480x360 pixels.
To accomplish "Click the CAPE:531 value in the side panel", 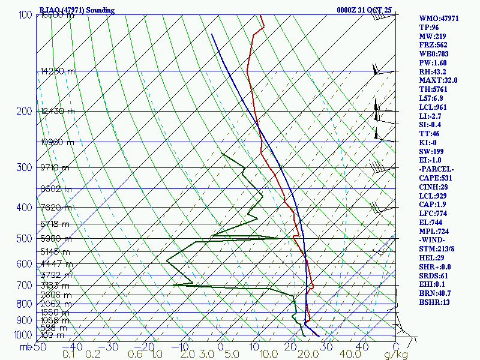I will [x=436, y=178].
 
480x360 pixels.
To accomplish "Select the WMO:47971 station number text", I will [x=439, y=19].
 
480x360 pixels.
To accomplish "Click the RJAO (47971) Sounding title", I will [x=76, y=10].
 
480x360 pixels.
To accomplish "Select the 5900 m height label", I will [x=54, y=239].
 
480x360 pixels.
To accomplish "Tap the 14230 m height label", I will [x=58, y=71].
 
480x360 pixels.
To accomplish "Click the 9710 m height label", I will [x=55, y=167].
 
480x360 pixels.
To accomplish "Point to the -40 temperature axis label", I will [x=73, y=347].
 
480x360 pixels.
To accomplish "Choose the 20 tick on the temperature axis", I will [x=291, y=347].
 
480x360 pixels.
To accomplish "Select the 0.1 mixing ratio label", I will [x=68, y=355].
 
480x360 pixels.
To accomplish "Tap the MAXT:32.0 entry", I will [x=439, y=80].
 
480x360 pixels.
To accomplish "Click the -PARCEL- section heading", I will [x=436, y=169].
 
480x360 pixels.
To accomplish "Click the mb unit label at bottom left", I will [x=25, y=347].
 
